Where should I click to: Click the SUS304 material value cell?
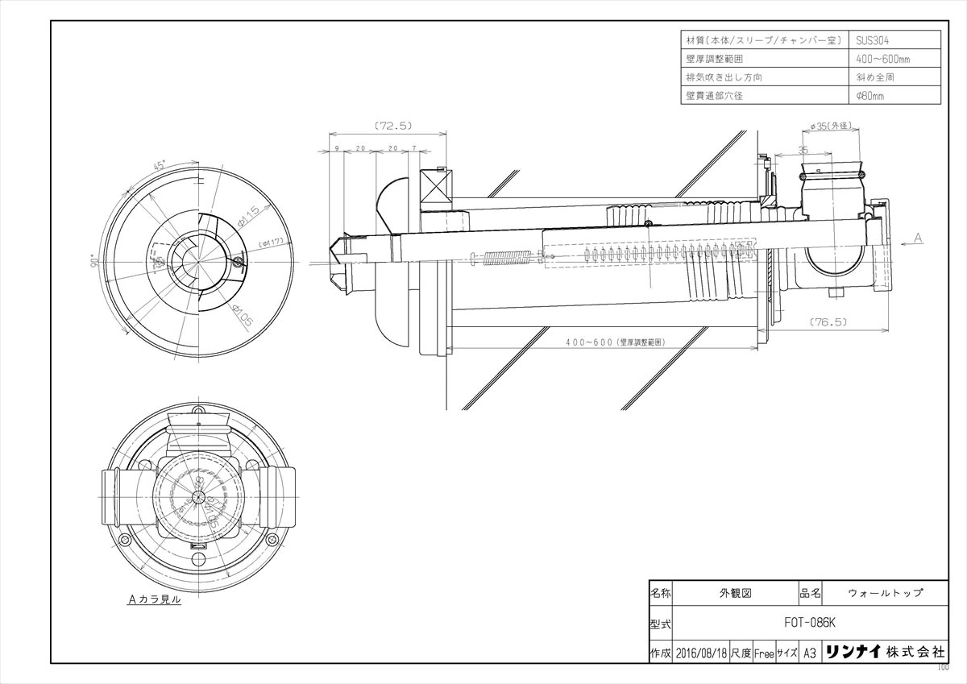(874, 39)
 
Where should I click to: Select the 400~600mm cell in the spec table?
(884, 59)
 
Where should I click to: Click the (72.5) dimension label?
(393, 126)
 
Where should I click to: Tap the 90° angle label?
(94, 263)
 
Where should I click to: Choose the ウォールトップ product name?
(886, 592)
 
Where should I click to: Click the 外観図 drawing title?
(735, 592)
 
